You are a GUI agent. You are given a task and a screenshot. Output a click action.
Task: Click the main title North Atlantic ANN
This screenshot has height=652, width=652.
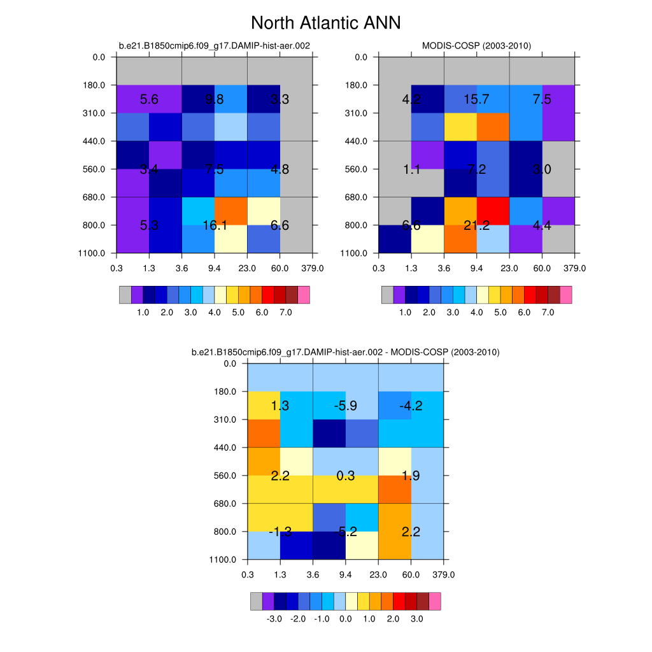click(325, 23)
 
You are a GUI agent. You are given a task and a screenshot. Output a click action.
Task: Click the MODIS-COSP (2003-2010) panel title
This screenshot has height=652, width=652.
click(476, 45)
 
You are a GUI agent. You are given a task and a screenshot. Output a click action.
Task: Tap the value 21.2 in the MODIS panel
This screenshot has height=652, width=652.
click(476, 225)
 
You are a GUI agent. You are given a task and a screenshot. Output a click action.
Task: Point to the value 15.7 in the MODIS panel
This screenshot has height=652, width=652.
click(476, 99)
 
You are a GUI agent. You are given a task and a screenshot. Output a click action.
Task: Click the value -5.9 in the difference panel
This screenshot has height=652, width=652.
click(345, 406)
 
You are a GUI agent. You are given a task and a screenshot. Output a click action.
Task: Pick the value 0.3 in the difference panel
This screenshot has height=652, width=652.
click(345, 476)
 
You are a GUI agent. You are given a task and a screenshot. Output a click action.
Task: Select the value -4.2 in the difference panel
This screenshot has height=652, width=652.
click(411, 406)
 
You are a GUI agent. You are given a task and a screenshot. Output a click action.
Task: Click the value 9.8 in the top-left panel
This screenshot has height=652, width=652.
click(215, 99)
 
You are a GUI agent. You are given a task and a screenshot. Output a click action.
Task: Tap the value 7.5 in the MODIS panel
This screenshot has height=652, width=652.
click(542, 99)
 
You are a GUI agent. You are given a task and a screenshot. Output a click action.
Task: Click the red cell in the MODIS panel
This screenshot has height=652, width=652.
click(493, 211)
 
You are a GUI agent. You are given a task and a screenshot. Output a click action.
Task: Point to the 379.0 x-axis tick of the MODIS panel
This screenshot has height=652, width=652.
click(574, 268)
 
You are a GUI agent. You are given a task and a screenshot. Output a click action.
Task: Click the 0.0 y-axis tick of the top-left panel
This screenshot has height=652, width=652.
click(99, 57)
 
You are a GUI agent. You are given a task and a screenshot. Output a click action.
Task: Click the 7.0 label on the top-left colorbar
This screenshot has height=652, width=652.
click(286, 313)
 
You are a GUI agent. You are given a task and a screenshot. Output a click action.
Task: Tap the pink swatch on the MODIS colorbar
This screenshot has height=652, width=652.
click(565, 294)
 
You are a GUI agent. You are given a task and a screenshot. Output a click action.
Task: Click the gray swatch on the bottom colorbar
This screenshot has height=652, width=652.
click(256, 601)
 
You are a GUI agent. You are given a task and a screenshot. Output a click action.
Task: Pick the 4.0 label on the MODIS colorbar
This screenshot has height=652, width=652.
click(476, 313)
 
